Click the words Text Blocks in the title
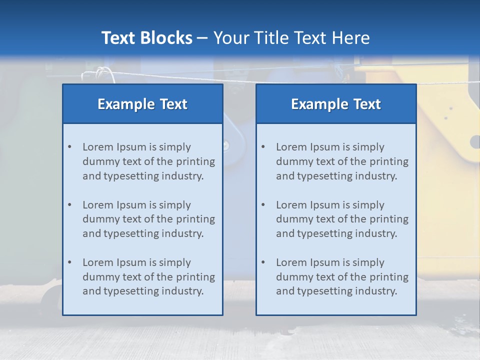[146, 38]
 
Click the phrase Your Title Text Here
[291, 38]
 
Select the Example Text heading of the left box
[142, 104]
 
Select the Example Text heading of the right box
[336, 104]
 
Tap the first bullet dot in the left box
[69, 147]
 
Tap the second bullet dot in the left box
[69, 205]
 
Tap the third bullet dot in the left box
[69, 262]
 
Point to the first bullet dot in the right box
[263, 147]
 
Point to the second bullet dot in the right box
[263, 205]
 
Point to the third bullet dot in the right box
[263, 262]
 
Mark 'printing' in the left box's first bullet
[197, 161]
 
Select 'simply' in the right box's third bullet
[368, 262]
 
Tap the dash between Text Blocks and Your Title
[202, 38]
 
